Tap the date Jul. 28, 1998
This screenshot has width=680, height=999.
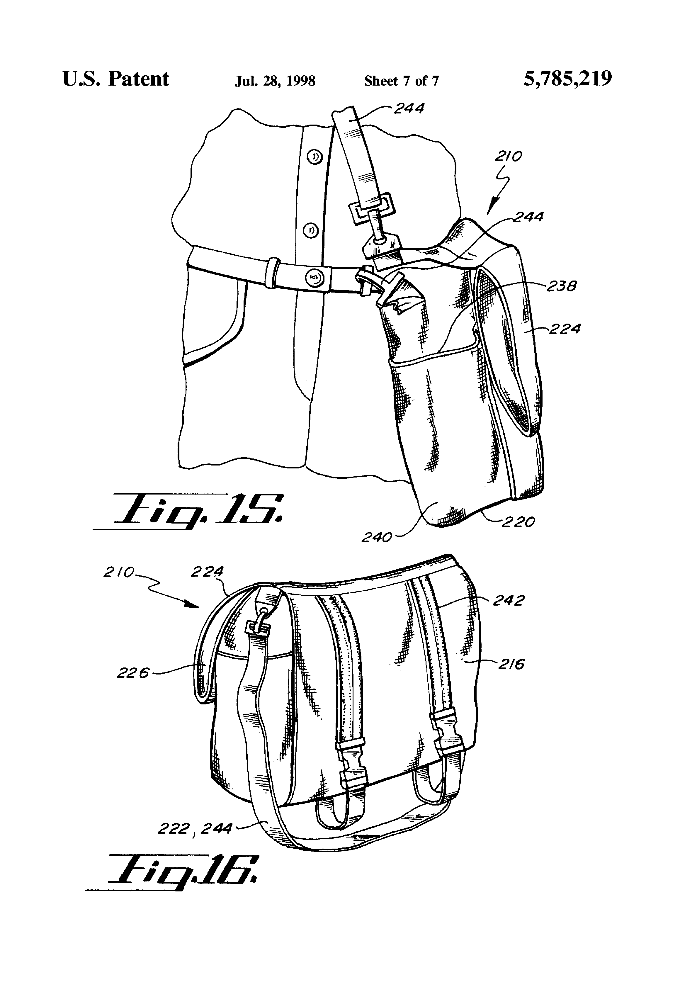pyautogui.click(x=275, y=81)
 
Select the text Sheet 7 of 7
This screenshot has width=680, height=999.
pyautogui.click(x=401, y=81)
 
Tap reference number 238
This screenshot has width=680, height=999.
pyautogui.click(x=561, y=286)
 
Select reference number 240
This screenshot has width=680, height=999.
pyautogui.click(x=377, y=537)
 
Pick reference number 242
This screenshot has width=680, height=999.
pyautogui.click(x=509, y=601)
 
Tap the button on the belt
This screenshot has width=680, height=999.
pyautogui.click(x=314, y=278)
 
